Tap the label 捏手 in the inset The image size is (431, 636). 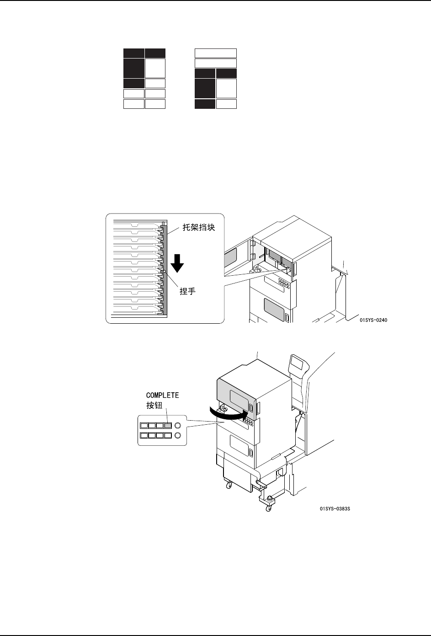[x=187, y=291]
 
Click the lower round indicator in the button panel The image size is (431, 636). [x=178, y=435]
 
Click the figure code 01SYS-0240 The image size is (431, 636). [x=373, y=320]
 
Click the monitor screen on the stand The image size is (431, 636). [x=298, y=365]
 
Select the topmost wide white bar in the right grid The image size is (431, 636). [x=216, y=53]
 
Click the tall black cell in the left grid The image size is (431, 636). [x=133, y=68]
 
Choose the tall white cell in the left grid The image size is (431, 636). [x=155, y=68]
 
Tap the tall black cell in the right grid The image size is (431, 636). [x=205, y=88]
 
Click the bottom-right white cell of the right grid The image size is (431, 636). [x=226, y=104]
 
